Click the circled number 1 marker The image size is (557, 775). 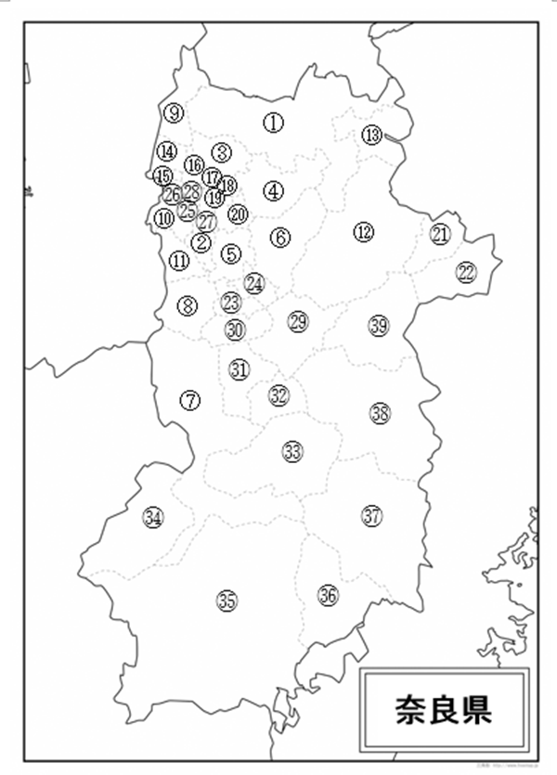click(x=272, y=122)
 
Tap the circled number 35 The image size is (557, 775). click(x=227, y=601)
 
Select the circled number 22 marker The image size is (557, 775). click(x=466, y=272)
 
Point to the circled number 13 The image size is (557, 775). click(x=371, y=136)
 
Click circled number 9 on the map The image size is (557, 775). click(x=174, y=113)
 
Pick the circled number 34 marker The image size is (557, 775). click(x=153, y=518)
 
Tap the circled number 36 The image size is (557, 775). click(x=327, y=595)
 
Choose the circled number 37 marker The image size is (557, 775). click(x=372, y=515)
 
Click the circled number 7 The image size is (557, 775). click(x=190, y=401)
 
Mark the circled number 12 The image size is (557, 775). click(x=364, y=231)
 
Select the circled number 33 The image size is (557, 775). click(x=293, y=452)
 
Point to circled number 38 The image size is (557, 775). click(x=380, y=413)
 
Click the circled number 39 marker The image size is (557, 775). click(x=378, y=326)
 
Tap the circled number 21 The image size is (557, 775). click(x=440, y=234)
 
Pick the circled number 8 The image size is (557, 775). click(x=188, y=304)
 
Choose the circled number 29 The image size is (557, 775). click(x=297, y=321)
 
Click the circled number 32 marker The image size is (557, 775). click(x=279, y=395)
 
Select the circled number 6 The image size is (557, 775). click(x=280, y=237)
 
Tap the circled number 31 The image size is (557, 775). click(x=240, y=369)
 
